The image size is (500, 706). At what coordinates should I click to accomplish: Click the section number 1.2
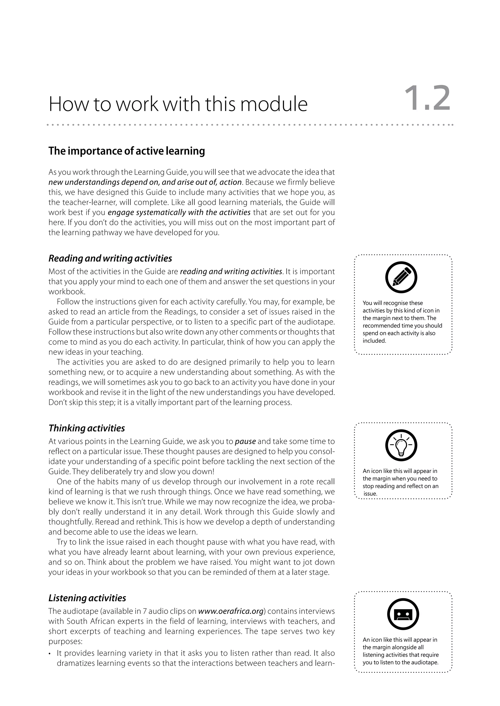tap(427, 99)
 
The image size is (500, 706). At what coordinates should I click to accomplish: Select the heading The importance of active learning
tap(126, 151)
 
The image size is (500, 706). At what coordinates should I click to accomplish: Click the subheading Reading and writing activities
tap(110, 258)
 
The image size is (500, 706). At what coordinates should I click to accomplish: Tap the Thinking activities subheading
tap(87, 428)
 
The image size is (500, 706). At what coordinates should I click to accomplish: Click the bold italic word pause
tap(245, 441)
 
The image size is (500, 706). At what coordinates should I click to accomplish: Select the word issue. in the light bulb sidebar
tap(370, 494)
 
